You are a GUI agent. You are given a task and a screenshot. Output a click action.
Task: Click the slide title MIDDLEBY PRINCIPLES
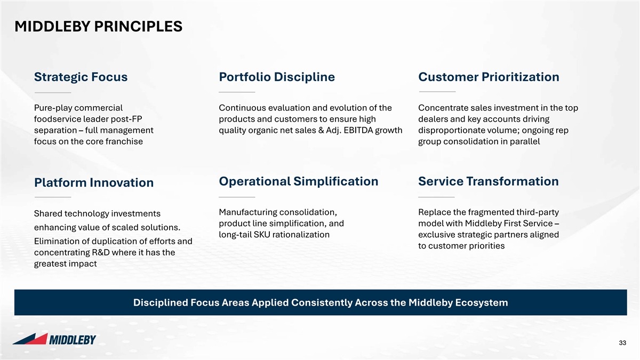[x=98, y=27]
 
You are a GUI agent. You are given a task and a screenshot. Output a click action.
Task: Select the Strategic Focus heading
[x=81, y=77]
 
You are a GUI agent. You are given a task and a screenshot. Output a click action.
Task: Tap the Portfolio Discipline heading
[x=277, y=77]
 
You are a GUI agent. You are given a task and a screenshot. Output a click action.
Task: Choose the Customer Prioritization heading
[x=489, y=77]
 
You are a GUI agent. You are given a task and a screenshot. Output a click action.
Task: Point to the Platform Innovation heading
[x=94, y=182]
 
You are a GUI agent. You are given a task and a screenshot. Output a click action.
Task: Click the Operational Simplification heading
[x=299, y=181]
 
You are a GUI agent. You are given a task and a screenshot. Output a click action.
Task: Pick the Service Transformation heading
[x=489, y=181]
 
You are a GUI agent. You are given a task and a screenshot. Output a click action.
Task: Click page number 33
[x=622, y=343]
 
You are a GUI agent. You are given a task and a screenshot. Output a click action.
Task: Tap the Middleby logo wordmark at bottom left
[x=73, y=340]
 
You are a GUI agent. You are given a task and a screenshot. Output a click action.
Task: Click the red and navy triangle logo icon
[x=30, y=339]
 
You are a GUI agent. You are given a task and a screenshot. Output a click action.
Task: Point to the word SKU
[x=261, y=235]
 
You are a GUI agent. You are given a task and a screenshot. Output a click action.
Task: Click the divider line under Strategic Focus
[x=53, y=93]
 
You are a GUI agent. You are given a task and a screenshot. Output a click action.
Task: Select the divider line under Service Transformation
[x=436, y=197]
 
